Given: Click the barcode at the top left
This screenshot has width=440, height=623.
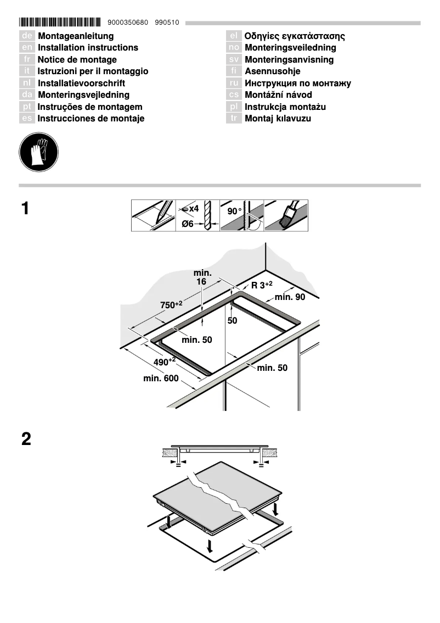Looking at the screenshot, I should pyautogui.click(x=60, y=23).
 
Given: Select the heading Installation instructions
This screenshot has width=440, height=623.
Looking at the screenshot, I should pyautogui.click(x=88, y=48).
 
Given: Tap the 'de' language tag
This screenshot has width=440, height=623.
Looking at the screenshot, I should pyautogui.click(x=27, y=36).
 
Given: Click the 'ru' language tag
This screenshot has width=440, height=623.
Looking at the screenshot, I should pyautogui.click(x=234, y=84).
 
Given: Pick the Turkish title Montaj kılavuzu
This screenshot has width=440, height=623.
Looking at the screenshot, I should pyautogui.click(x=278, y=119).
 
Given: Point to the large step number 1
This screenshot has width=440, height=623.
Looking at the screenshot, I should pyautogui.click(x=25, y=209).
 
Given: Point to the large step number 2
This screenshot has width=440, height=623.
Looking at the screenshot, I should pyautogui.click(x=26, y=440).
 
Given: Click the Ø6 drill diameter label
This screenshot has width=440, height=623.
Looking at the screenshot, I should pyautogui.click(x=188, y=224).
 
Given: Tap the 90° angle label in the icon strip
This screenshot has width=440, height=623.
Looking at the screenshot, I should pyautogui.click(x=234, y=211).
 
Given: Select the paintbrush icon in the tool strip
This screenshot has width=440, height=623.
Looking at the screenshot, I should pyautogui.click(x=287, y=215).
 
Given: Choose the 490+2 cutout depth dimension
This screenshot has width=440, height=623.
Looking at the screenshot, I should pyautogui.click(x=164, y=362).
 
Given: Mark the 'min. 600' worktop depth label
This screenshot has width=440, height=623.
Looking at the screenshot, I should pyautogui.click(x=161, y=378).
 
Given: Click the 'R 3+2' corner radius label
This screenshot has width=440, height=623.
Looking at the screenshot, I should pyautogui.click(x=262, y=285).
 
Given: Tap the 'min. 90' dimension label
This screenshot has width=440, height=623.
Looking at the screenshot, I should pyautogui.click(x=290, y=297).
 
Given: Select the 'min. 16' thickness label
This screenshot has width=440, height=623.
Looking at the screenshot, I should pyautogui.click(x=202, y=277).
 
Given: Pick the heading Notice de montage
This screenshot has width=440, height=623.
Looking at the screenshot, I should pyautogui.click(x=77, y=60).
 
